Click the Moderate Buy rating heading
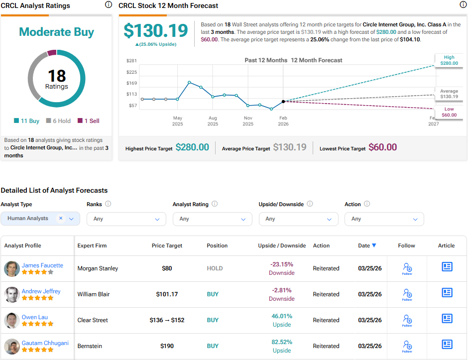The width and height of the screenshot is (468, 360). click(x=56, y=32)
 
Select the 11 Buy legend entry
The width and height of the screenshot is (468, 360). click(x=27, y=120)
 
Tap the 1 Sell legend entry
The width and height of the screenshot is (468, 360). click(x=88, y=120)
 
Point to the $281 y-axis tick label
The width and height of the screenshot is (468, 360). click(x=132, y=61)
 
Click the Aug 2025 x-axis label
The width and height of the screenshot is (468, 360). click(x=213, y=121)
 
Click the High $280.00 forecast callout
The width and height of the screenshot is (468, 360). click(x=449, y=60)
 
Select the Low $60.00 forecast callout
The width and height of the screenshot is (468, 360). click(x=449, y=112)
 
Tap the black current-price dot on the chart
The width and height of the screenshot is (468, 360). click(x=283, y=101)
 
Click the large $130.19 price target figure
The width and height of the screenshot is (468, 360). click(x=156, y=31)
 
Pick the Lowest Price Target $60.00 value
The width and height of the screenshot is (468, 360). click(x=382, y=147)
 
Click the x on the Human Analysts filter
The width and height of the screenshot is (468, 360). click(x=61, y=218)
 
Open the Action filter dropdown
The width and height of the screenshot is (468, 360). click(x=384, y=219)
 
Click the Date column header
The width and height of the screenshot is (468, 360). click(x=367, y=245)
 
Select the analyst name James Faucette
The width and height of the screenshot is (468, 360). click(x=42, y=265)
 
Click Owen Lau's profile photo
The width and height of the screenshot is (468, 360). click(x=11, y=320)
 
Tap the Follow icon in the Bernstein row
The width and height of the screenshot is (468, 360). click(x=407, y=345)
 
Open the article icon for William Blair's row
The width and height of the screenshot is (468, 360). click(x=447, y=293)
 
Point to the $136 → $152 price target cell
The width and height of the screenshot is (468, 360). click(x=167, y=320)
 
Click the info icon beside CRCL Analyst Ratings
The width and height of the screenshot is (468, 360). click(x=109, y=5)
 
